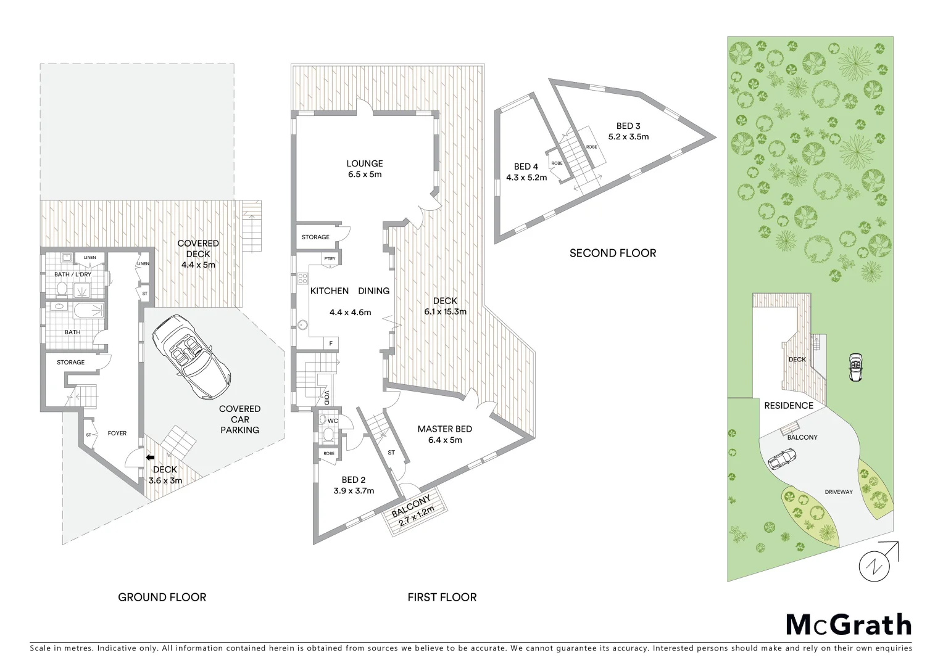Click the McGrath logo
(x=848, y=625)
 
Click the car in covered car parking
(x=191, y=353)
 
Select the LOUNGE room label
(x=364, y=163)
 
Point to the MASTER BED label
(x=444, y=429)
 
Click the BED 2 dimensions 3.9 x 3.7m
(x=354, y=491)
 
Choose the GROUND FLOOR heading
(x=162, y=597)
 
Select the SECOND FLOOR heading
(x=612, y=253)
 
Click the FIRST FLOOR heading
(x=442, y=597)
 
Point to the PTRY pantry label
(x=330, y=259)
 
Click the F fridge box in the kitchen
(x=331, y=343)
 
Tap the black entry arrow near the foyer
(x=150, y=457)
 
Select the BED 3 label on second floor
(x=628, y=126)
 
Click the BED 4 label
(x=526, y=166)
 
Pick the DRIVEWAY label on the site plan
(x=838, y=491)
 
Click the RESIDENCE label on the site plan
(x=788, y=405)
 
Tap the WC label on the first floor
(x=333, y=421)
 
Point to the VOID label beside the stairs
(x=326, y=397)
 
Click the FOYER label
(x=117, y=433)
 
